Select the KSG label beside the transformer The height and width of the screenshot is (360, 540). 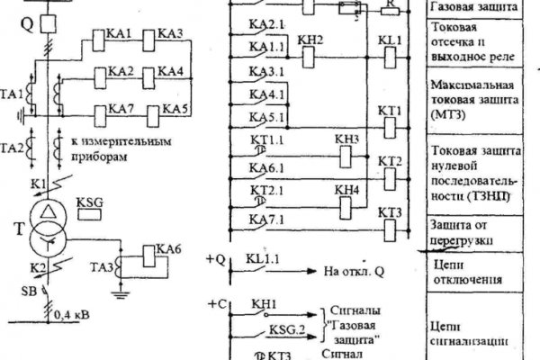click(x=91, y=203)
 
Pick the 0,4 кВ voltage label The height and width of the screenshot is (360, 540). click(x=71, y=316)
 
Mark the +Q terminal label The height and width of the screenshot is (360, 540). click(x=214, y=259)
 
